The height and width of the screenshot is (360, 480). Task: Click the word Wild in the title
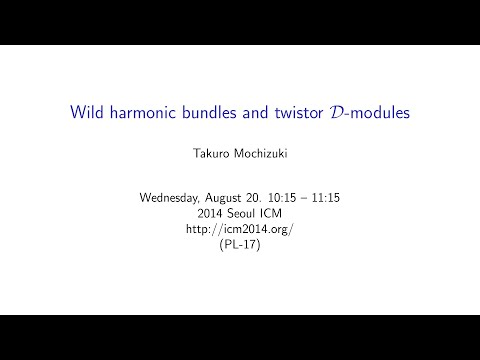tap(86, 112)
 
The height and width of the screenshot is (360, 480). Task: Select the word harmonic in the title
tap(139, 112)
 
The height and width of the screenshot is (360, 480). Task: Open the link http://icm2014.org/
tap(240, 228)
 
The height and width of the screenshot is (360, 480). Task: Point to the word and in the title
tap(262, 112)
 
